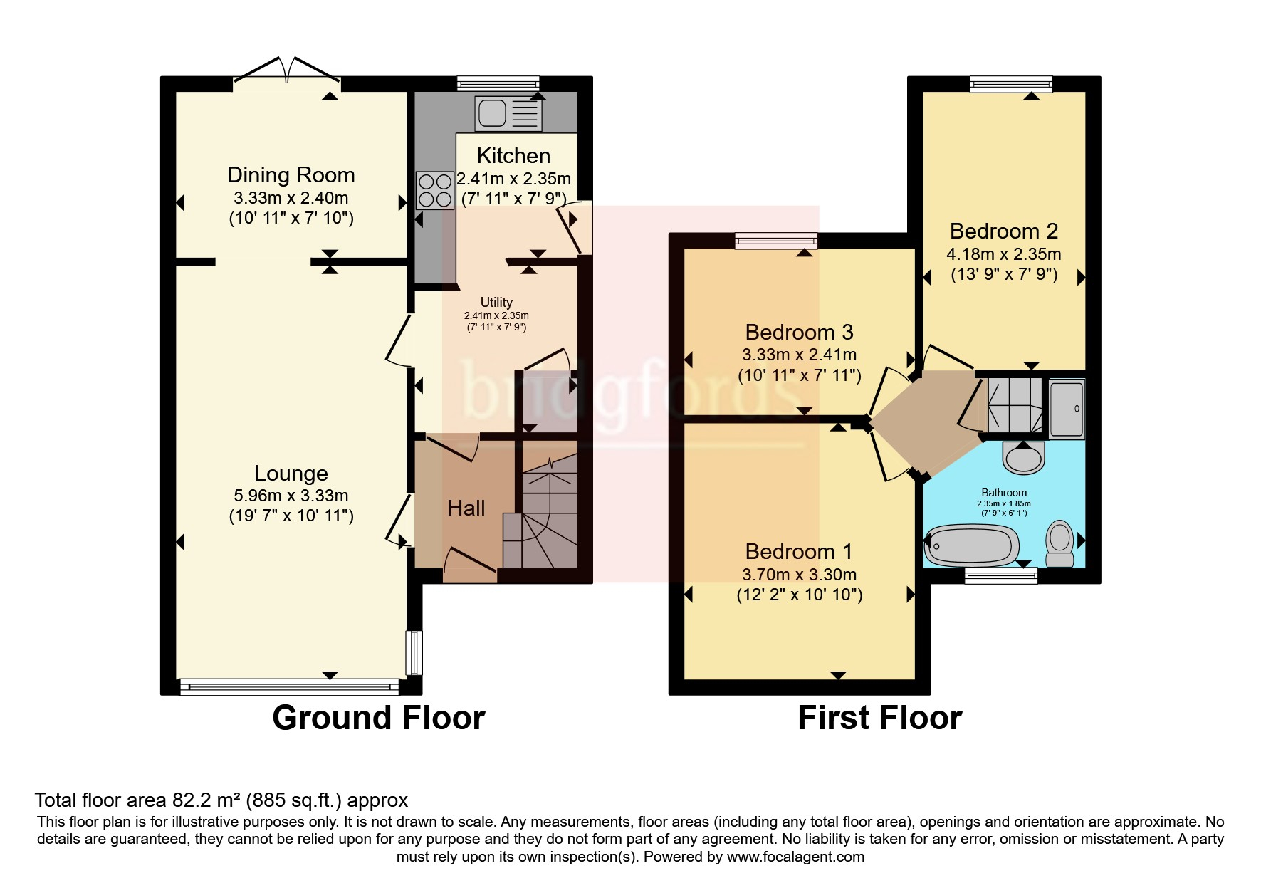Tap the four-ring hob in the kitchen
435,189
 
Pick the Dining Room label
291,175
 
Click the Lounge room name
291,474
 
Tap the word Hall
466,508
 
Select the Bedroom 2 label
1004,231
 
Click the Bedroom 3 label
800,332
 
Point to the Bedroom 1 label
799,552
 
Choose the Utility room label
496,302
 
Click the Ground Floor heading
379,718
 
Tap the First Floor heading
880,718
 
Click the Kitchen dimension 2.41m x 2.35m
513,178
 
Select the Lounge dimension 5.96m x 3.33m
291,496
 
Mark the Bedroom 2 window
1011,84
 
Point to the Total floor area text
221,800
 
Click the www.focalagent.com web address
795,857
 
